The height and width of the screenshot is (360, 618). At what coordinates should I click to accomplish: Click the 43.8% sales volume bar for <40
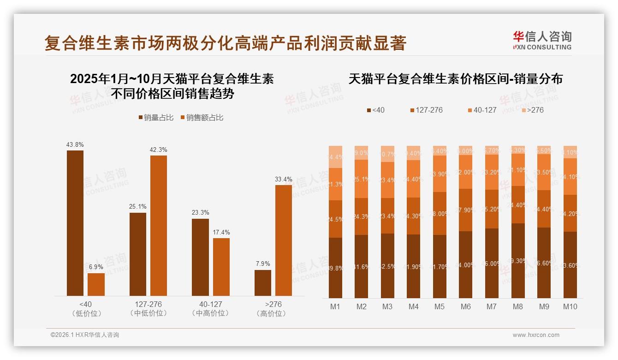tap(75, 223)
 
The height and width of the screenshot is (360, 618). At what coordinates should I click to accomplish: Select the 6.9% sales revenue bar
tap(96, 284)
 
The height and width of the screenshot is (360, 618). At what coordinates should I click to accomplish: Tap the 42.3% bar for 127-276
tap(159, 226)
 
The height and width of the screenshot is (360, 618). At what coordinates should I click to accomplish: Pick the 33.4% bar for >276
tap(284, 240)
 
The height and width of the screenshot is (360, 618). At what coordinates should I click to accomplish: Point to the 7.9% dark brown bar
tap(263, 283)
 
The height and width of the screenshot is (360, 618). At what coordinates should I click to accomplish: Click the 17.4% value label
tap(221, 232)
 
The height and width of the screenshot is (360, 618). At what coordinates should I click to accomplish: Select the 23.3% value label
tap(200, 213)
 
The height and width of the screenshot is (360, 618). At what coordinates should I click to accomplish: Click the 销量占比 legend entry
tap(156, 118)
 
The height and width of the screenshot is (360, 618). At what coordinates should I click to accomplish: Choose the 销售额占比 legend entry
tap(202, 118)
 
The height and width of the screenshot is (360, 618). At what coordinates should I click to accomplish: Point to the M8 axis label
tap(518, 306)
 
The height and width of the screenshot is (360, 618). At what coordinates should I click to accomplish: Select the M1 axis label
tap(335, 306)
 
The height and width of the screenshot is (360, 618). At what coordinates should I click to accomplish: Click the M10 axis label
tap(570, 306)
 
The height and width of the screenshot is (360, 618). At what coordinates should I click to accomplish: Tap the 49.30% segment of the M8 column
tap(518, 261)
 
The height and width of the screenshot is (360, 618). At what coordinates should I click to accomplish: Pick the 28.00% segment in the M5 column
tap(440, 214)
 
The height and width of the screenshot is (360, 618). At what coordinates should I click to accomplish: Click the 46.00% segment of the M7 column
tap(492, 263)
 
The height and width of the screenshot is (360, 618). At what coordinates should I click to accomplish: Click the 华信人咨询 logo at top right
tap(542, 40)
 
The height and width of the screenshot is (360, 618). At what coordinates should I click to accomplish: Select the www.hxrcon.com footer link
tap(536, 335)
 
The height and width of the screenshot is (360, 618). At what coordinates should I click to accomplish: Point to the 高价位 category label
tap(273, 313)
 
